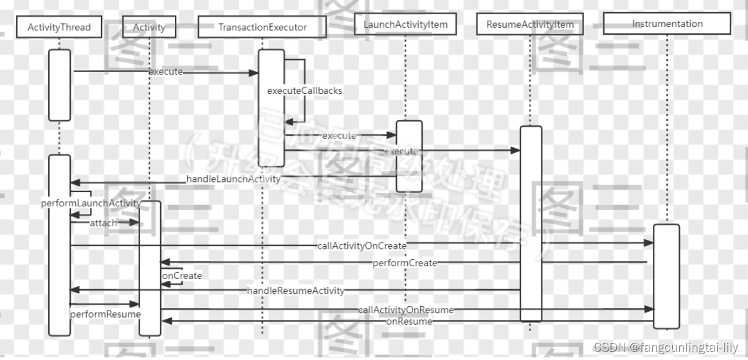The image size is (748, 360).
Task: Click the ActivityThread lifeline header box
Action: coord(59,28)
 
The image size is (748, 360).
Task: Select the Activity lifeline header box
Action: coord(149,28)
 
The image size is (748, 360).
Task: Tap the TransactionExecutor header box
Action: coord(262,28)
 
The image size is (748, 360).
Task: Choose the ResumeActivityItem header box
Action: coord(530,24)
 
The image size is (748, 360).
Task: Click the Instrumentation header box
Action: coord(667,24)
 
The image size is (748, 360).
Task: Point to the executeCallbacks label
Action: coord(305,91)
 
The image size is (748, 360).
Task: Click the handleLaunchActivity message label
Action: coord(233,179)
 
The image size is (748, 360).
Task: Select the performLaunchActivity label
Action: coord(91,203)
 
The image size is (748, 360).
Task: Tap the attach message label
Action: coord(103,222)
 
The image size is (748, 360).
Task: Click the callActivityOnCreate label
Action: coord(361,245)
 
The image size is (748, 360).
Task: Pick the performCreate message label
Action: coord(405,262)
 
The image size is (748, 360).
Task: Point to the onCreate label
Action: coord(182,276)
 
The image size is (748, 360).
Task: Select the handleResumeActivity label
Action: coord(296,291)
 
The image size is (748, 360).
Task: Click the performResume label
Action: coord(105,314)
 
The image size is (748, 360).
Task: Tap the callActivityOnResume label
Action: coord(406,310)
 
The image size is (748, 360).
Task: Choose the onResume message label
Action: coord(409,321)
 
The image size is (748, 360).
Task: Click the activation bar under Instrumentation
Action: coord(666,276)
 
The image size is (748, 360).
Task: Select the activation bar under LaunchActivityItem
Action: coord(408,156)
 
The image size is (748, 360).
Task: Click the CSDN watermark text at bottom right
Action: coord(666,347)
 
